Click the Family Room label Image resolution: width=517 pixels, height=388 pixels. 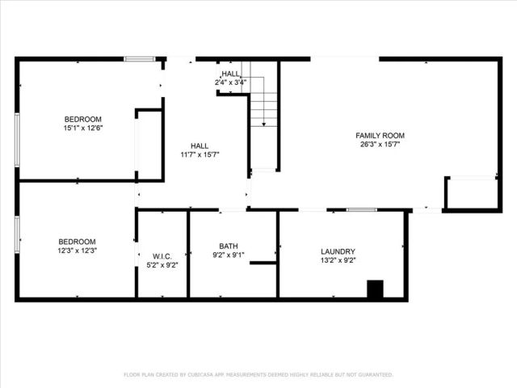point(380,135)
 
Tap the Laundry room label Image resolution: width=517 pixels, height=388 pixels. point(337,251)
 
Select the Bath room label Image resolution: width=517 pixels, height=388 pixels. point(229,246)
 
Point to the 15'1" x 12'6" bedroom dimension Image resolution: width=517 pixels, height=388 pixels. point(83,128)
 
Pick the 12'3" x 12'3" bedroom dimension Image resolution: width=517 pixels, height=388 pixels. point(78,251)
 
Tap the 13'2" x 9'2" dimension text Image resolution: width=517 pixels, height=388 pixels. point(337,261)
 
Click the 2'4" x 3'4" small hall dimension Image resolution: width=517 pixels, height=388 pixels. point(230,82)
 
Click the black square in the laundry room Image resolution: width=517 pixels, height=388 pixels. point(375,289)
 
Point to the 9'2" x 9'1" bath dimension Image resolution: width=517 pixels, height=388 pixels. point(229,255)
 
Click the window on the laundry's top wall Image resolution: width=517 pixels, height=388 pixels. point(361,209)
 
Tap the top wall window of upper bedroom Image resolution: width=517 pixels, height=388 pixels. point(139,58)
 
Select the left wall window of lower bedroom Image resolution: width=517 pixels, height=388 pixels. point(17,234)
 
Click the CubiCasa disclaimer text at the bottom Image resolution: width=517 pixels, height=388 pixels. point(258,375)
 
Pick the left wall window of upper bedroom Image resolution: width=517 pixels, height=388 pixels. point(17,139)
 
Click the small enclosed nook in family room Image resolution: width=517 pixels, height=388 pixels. point(472,192)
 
